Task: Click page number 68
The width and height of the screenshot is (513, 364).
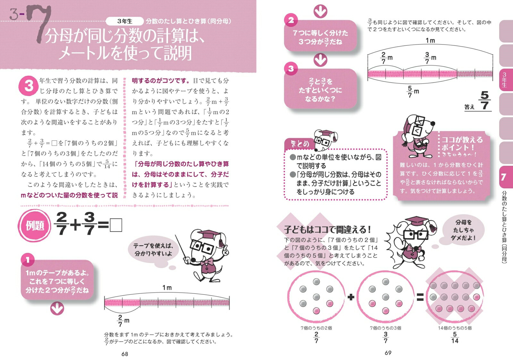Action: coord(125,354)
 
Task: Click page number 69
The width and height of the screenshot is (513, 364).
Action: coord(388,353)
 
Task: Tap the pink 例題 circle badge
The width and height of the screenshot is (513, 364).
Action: coord(35,226)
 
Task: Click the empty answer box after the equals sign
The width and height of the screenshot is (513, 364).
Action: coord(116,225)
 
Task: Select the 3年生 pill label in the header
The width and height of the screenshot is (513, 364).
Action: coord(125,21)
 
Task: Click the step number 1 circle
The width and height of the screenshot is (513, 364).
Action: coord(28,260)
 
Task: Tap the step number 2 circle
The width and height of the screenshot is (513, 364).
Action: coord(291,20)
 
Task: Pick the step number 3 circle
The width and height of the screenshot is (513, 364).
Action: coord(291,69)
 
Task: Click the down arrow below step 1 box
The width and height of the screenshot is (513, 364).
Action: coord(57,308)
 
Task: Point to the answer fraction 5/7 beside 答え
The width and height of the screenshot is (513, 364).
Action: coord(484,100)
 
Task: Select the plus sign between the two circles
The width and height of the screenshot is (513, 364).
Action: coord(351,297)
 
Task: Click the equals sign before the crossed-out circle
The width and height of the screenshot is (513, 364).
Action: coord(420,297)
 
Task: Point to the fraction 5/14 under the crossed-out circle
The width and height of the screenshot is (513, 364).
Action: coord(455,337)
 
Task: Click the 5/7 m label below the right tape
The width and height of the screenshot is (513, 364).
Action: coord(413,91)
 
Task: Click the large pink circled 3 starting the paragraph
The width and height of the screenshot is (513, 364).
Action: coord(29,86)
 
